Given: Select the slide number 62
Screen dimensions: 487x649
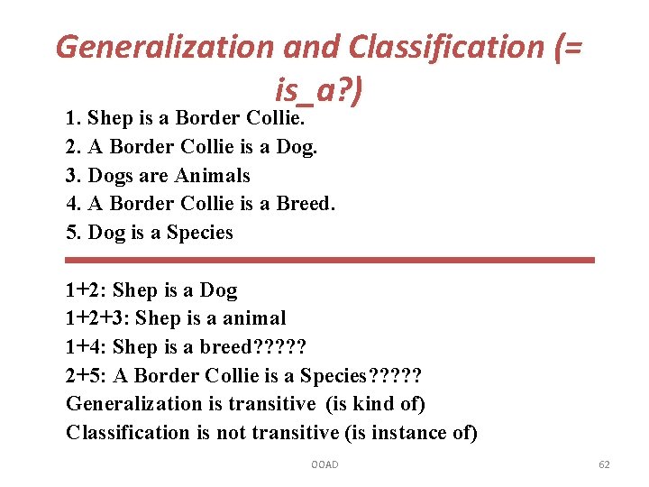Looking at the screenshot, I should coord(604,464).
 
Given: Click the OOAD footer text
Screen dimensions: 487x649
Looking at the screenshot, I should coord(324,464).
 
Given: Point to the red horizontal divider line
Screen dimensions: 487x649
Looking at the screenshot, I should coord(330,260).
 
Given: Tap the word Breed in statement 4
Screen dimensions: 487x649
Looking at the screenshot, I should coord(304,204).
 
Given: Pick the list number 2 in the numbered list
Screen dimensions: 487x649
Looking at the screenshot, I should coord(73,147).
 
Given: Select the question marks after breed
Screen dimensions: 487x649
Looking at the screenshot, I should coord(280,347).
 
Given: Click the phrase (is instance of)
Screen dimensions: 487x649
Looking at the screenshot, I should coord(411,433).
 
